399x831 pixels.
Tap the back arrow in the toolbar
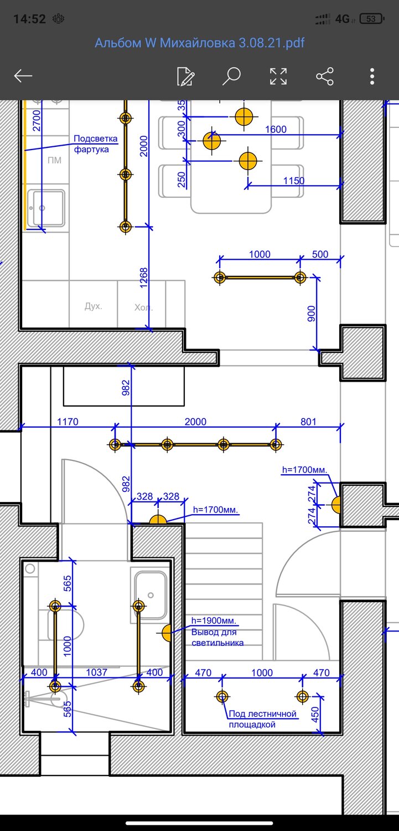point(23,76)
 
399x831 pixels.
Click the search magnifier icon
point(231,76)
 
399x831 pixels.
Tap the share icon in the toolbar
point(325,76)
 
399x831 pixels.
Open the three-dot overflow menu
point(372,76)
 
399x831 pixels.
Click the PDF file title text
point(200,43)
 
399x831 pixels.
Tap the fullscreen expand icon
point(278,76)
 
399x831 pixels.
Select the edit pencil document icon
point(185,76)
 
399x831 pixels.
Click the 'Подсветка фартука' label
point(96,144)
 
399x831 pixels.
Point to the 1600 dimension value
point(276,129)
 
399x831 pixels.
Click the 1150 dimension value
point(294,181)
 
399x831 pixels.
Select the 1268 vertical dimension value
point(143,278)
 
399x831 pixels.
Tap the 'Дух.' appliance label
point(94,306)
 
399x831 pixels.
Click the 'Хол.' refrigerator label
point(143,307)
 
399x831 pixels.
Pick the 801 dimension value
point(308,422)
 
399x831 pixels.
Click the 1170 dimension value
point(68,422)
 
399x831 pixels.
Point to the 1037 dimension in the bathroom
point(97,672)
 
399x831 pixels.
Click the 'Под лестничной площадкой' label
point(263,719)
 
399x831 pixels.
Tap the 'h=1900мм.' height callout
point(214,620)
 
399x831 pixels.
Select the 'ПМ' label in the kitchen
point(54,160)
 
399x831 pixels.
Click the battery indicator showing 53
point(372,18)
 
